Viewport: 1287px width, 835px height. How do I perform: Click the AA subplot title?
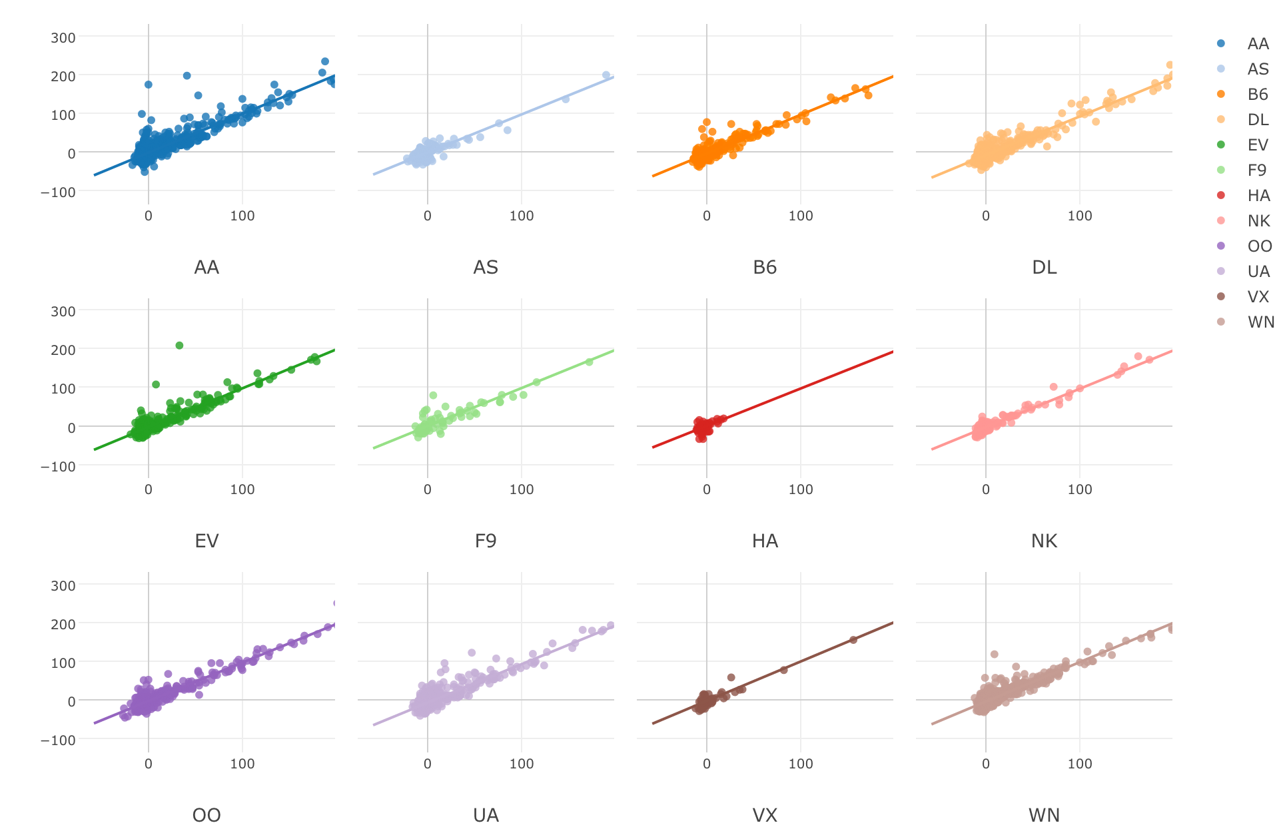(207, 268)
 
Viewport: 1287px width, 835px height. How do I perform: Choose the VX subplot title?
(765, 816)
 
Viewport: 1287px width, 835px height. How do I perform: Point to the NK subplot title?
(1044, 541)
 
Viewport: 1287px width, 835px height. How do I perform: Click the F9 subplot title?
(486, 541)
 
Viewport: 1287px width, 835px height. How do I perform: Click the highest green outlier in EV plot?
(179, 346)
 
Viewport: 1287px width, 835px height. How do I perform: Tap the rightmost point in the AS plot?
(606, 75)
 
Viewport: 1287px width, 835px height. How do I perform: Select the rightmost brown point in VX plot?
(853, 640)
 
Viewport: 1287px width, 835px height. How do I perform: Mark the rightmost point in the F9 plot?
(589, 362)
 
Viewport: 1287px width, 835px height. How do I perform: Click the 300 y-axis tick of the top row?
(63, 38)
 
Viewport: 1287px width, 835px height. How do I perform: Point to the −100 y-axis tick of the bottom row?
(59, 740)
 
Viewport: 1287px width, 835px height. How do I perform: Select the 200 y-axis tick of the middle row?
(63, 350)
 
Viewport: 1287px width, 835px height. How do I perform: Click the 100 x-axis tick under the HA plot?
(801, 490)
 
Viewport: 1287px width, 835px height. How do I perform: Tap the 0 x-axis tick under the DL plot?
(986, 216)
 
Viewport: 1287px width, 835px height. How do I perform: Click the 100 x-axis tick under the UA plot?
(522, 764)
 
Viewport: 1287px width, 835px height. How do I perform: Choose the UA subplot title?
(486, 816)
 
